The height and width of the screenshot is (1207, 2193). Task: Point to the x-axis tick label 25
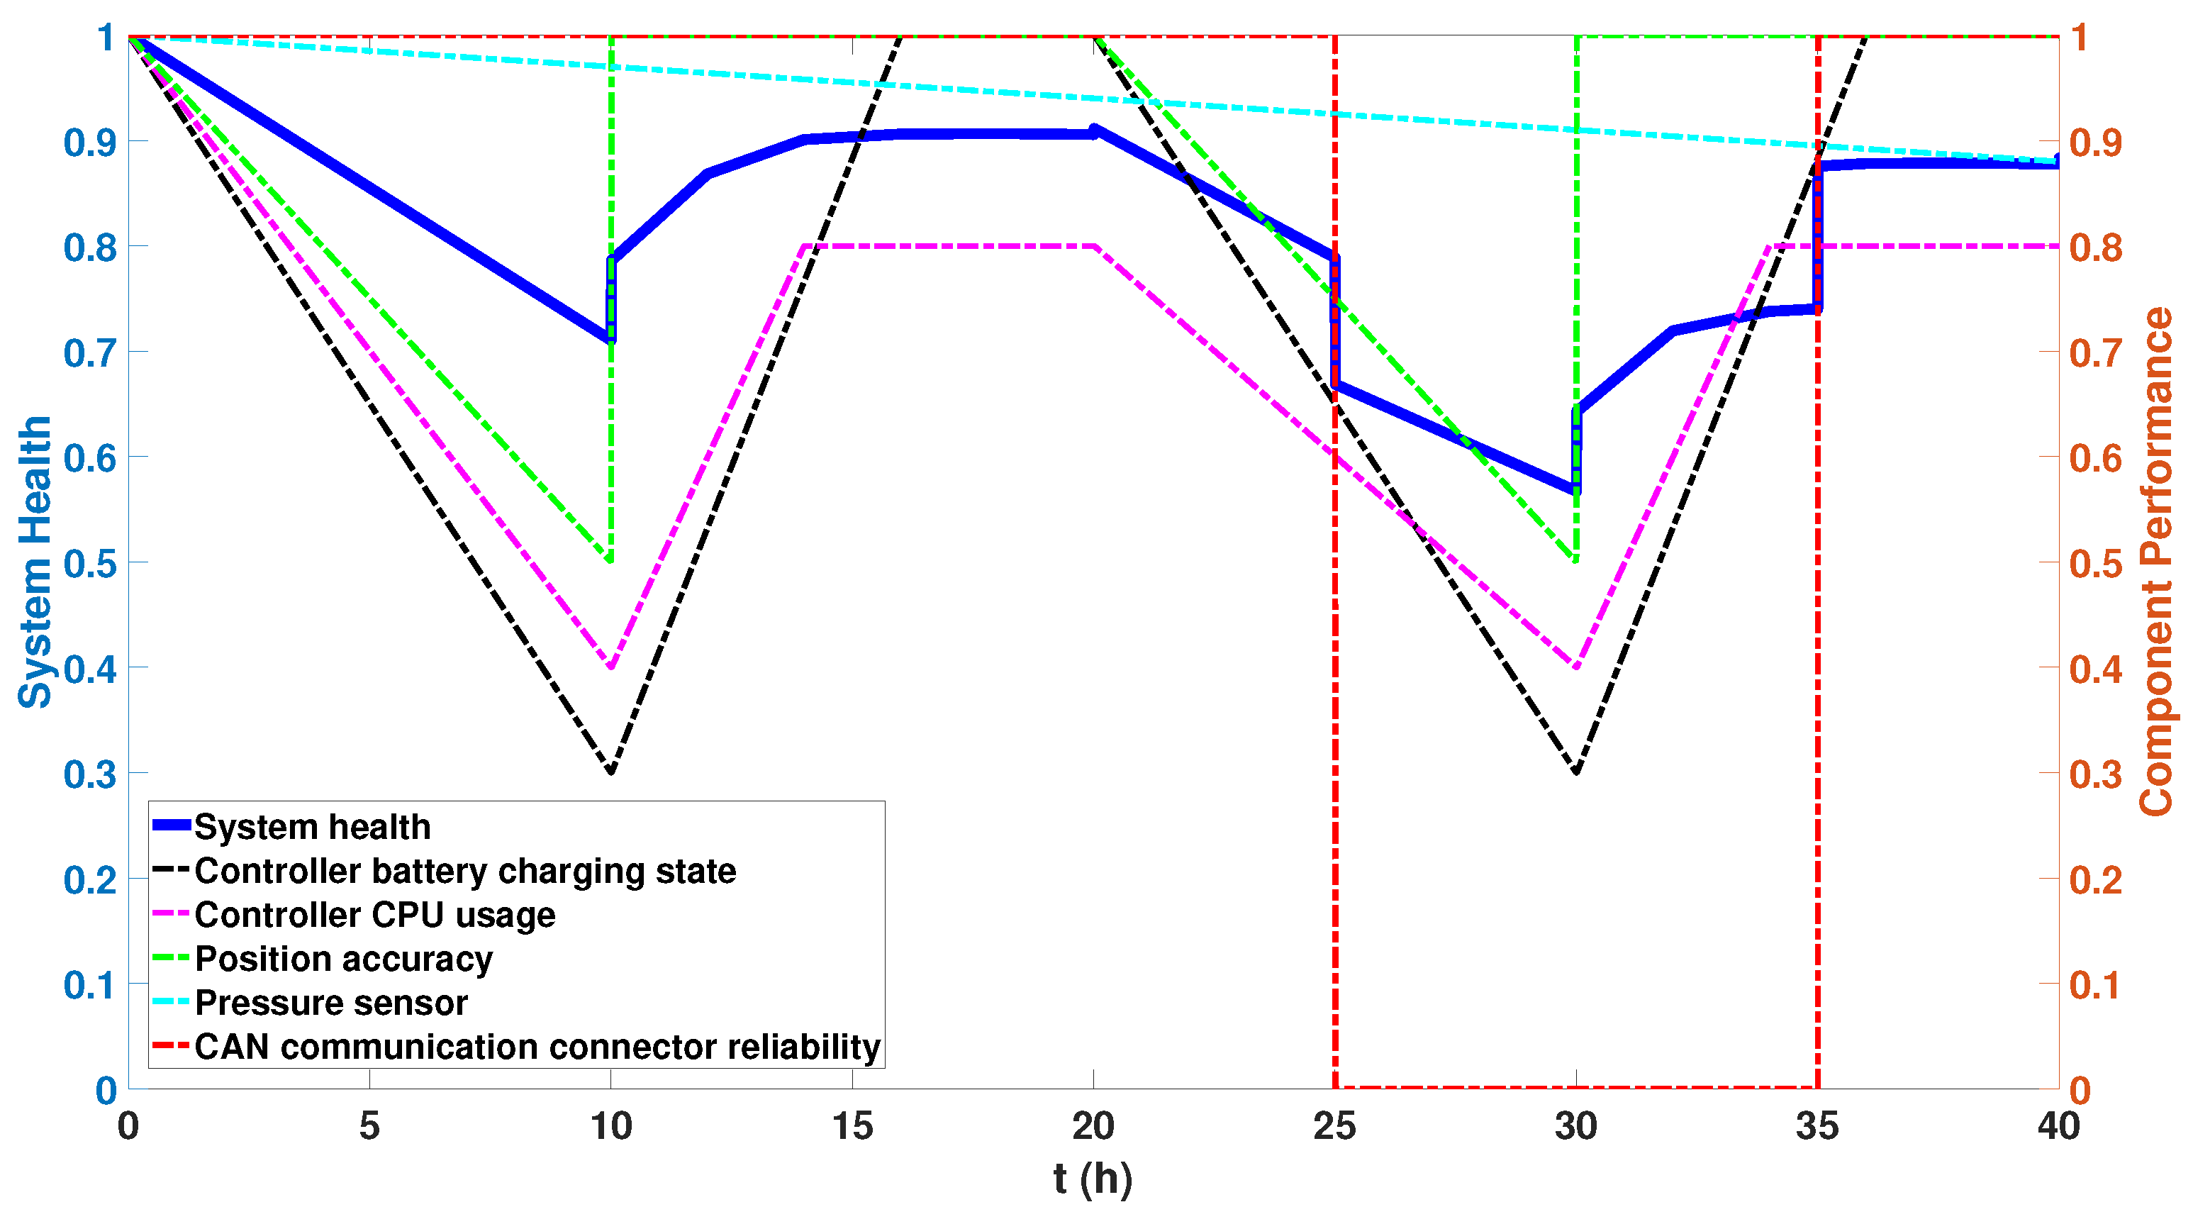(x=1335, y=1127)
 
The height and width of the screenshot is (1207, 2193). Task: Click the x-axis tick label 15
(x=852, y=1127)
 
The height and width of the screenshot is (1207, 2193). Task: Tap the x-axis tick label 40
(x=2058, y=1127)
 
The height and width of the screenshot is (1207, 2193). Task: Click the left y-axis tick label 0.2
(x=89, y=879)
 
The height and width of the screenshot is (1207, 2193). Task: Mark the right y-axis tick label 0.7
(x=2096, y=352)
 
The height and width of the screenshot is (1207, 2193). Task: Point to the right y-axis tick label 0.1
(x=2096, y=985)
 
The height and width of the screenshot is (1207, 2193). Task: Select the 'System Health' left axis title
(x=35, y=562)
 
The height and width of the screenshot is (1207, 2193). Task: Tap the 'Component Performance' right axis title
(x=2155, y=562)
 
